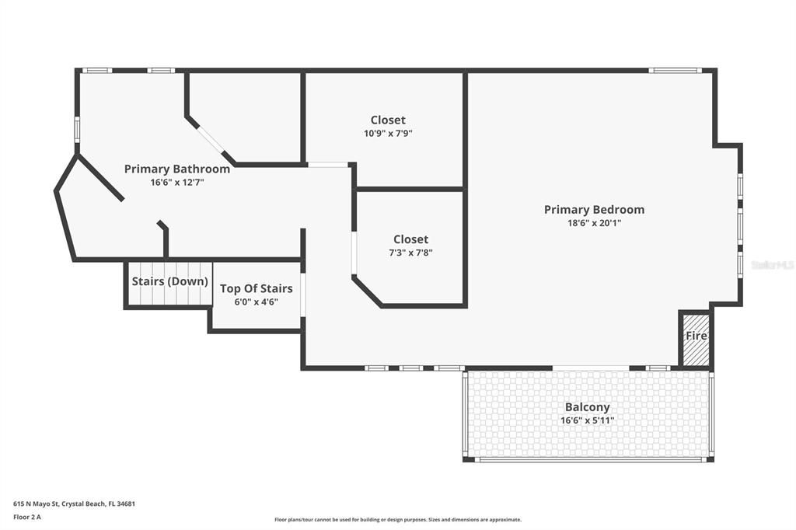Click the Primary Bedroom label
click(594, 209)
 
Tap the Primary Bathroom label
click(177, 169)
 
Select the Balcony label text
click(587, 407)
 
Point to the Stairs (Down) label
click(169, 281)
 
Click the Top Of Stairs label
click(256, 288)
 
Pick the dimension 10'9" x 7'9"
click(388, 133)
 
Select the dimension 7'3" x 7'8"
click(410, 252)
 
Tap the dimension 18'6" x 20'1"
click(594, 223)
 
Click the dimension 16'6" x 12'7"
click(177, 183)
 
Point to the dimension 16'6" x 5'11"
click(587, 420)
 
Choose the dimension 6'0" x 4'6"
click(256, 302)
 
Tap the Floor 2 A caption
click(27, 516)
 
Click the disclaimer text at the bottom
click(397, 520)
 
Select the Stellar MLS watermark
click(773, 265)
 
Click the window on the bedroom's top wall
click(676, 71)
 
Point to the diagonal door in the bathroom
click(211, 141)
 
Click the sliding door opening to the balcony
click(591, 368)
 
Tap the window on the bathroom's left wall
click(77, 128)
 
